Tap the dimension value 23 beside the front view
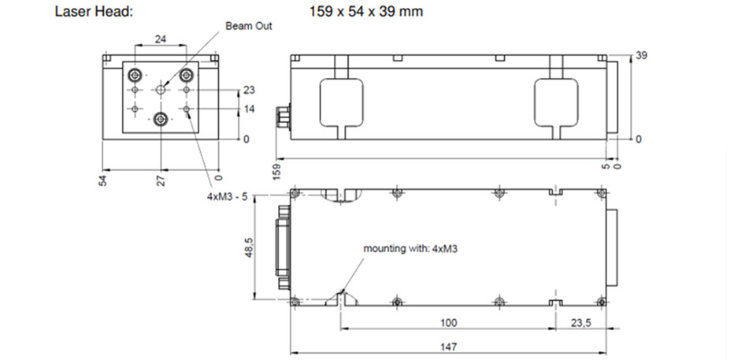(250, 90)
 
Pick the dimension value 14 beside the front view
(250, 109)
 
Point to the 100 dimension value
(447, 324)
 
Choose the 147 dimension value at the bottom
(447, 347)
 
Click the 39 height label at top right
(641, 57)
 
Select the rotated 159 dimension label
(276, 172)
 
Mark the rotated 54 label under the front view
(102, 180)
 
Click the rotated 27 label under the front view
(161, 180)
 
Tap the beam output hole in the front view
(161, 90)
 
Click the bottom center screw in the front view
(161, 119)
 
